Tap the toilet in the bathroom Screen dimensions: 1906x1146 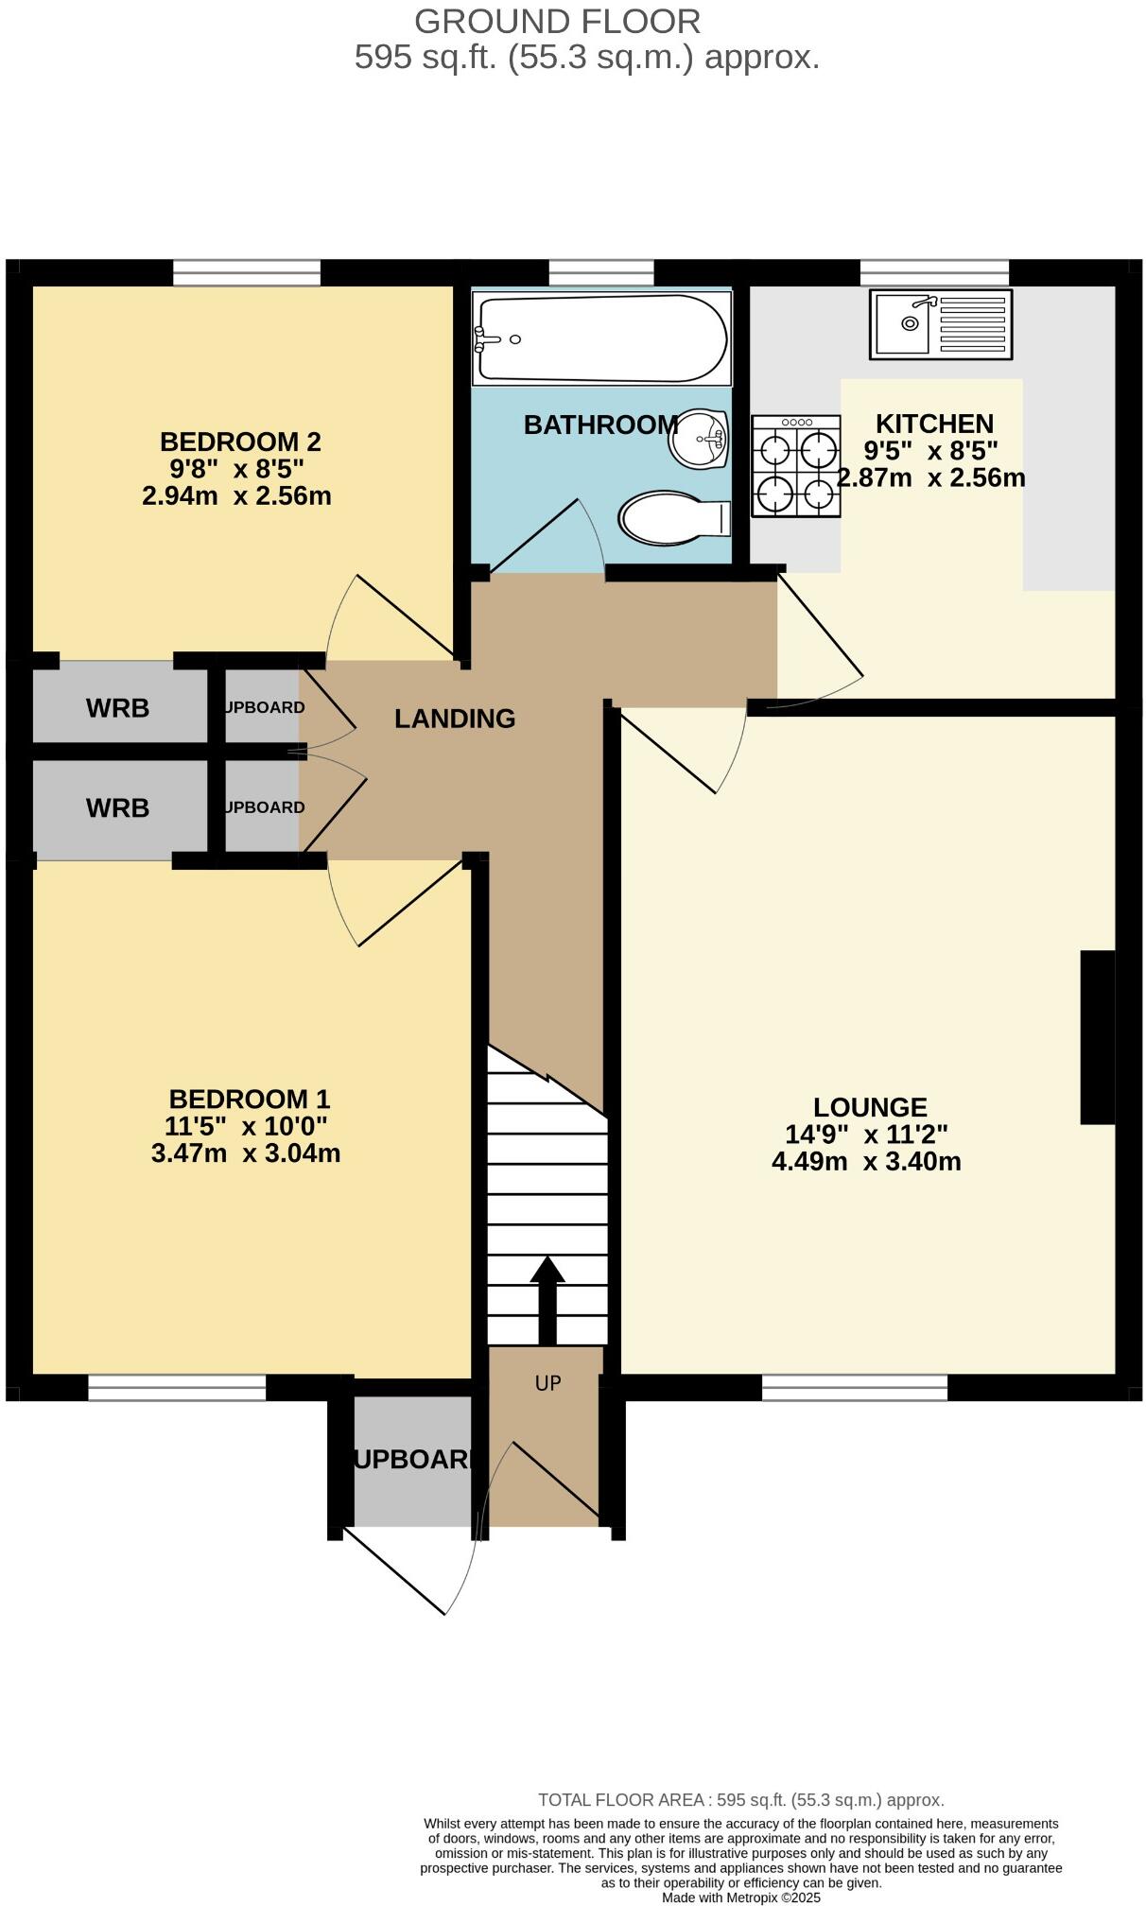coord(673,517)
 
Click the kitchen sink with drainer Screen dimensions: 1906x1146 coord(940,324)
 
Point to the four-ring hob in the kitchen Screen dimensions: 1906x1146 coord(796,467)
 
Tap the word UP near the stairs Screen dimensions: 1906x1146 coord(547,1383)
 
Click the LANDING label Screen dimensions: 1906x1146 coord(455,719)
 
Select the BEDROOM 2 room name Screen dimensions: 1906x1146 coord(240,442)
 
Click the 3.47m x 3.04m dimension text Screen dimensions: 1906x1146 coord(246,1153)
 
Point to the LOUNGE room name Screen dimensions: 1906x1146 coord(870,1107)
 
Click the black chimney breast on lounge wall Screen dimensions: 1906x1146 coord(1097,1037)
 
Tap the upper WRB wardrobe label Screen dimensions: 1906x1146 coord(117,708)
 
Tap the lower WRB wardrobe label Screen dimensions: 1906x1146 coord(117,808)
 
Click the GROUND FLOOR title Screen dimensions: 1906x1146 coord(558,21)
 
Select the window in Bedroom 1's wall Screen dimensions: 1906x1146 coord(177,1387)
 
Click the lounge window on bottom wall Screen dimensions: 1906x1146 coord(854,1387)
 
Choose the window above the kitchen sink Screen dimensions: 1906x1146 coord(934,272)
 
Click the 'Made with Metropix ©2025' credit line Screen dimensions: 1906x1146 coord(740,1897)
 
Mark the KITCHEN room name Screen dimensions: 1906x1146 coord(934,424)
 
